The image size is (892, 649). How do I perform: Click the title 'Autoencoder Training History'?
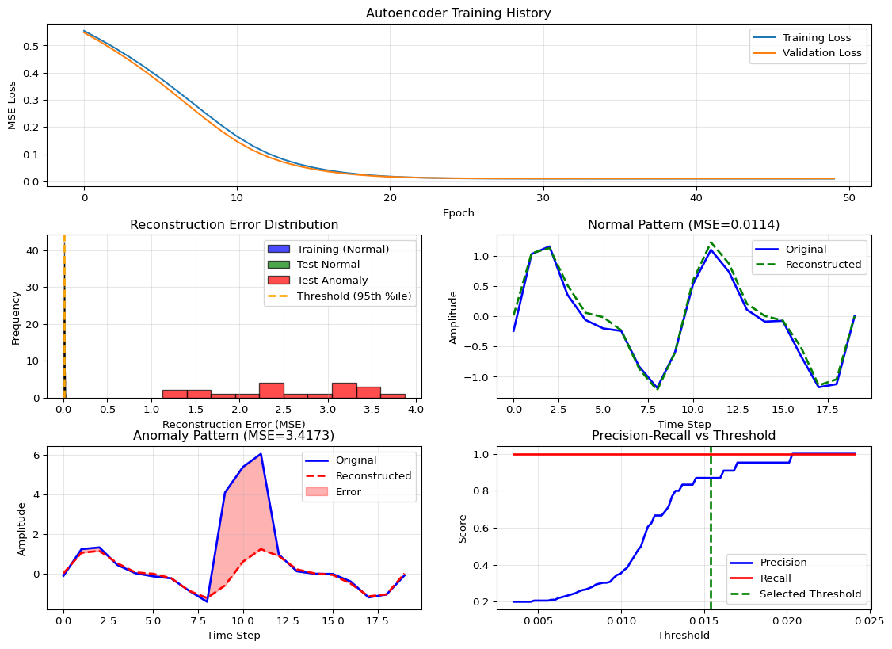point(459,13)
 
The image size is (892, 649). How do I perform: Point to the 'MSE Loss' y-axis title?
point(12,105)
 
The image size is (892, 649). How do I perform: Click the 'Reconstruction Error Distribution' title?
point(234,225)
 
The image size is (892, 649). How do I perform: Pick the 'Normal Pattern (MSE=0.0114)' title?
point(684,225)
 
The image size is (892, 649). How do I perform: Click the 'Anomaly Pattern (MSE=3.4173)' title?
point(234,435)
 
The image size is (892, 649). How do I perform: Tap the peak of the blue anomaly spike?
point(261,454)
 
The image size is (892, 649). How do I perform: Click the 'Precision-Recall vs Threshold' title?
point(684,435)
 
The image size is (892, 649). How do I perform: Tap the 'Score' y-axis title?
point(463,528)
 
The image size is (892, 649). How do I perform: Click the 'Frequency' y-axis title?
point(16,316)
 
